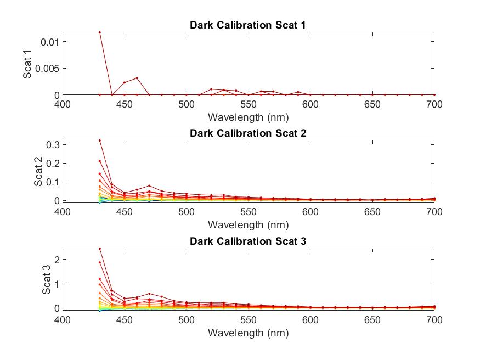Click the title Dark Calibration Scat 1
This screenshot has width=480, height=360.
(x=248, y=25)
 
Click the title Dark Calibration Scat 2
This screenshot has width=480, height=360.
(x=248, y=133)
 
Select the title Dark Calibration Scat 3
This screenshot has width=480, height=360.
(x=248, y=241)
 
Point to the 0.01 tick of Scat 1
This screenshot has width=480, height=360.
(x=50, y=42)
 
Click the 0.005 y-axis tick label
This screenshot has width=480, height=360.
(x=47, y=69)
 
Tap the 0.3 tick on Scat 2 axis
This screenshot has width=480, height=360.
(x=53, y=144)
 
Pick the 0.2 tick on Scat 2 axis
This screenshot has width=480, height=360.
(x=53, y=163)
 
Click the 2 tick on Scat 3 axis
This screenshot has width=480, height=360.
(x=56, y=259)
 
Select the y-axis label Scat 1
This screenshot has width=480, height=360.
(x=27, y=64)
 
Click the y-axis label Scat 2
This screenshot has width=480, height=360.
(x=38, y=172)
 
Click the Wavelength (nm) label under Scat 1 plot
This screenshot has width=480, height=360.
(x=248, y=117)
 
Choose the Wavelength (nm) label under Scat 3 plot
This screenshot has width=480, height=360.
(x=248, y=333)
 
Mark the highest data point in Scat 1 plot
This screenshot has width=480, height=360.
(x=100, y=32)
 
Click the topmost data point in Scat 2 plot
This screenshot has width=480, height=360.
(x=100, y=140)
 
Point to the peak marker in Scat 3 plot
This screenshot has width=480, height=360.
(x=100, y=249)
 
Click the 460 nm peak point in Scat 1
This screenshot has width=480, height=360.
(x=137, y=78)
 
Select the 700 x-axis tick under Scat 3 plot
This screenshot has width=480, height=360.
(x=434, y=319)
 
